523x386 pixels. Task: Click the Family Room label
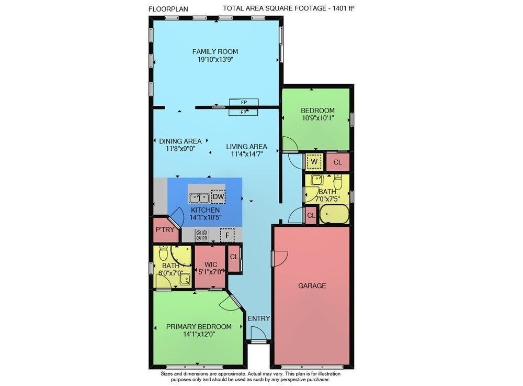click(215, 51)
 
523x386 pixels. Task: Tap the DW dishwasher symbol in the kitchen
click(218, 197)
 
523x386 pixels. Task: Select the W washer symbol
click(314, 162)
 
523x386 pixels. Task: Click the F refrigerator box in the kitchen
click(227, 235)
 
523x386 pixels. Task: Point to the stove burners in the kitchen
click(201, 235)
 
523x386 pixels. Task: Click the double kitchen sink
click(199, 198)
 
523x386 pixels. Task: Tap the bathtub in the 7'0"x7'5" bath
click(334, 214)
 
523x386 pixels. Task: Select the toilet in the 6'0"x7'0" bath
click(163, 253)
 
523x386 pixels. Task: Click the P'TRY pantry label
click(165, 229)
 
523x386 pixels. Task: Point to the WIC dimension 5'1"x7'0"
click(210, 272)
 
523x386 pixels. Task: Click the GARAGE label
click(312, 285)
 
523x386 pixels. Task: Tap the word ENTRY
click(259, 318)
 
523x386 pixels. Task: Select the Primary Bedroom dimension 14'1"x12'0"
click(199, 334)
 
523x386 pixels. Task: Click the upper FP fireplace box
click(244, 102)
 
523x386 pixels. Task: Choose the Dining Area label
click(180, 141)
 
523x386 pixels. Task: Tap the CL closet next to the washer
click(337, 162)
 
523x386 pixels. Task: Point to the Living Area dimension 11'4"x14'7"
click(247, 154)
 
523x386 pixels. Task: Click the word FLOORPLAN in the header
click(168, 9)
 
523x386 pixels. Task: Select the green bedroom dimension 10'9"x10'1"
click(317, 118)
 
